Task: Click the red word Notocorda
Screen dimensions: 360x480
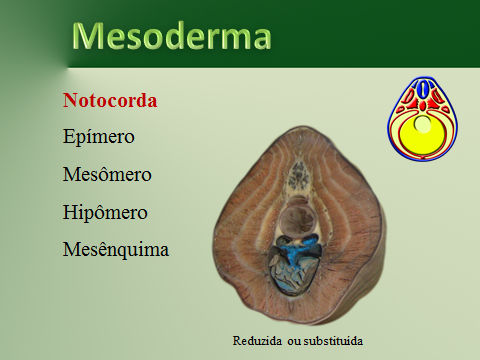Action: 110,100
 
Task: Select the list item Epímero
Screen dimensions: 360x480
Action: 98,136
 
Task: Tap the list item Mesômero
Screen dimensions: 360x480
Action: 106,174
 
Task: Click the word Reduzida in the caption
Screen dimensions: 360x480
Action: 258,338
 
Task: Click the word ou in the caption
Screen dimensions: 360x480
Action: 293,338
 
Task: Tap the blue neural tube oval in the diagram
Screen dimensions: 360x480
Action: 424,90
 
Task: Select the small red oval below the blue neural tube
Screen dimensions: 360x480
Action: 424,106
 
